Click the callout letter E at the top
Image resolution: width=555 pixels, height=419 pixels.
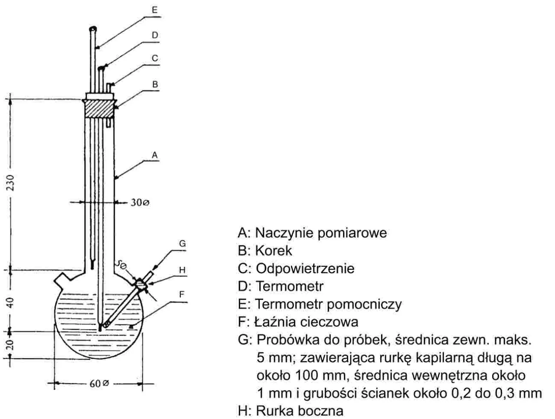(155, 10)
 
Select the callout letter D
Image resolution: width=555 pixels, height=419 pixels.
(155, 35)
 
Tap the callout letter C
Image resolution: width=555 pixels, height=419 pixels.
(155, 59)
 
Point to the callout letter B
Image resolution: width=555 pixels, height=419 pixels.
(155, 85)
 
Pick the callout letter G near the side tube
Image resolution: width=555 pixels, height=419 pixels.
(182, 244)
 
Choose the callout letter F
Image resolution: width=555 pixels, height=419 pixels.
(182, 295)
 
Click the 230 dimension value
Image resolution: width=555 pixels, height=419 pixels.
(12, 183)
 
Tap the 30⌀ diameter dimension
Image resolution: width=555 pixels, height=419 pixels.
(140, 203)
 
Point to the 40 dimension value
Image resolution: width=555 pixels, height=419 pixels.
(12, 302)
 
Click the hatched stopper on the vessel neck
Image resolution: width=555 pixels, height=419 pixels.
(99, 109)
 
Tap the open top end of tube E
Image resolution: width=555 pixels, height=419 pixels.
(93, 29)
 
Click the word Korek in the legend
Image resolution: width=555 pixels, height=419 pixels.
(274, 251)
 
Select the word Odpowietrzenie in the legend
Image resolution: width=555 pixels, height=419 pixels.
(305, 268)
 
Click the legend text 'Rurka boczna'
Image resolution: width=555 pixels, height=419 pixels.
(300, 410)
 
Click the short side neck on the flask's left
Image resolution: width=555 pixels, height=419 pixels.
(64, 278)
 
